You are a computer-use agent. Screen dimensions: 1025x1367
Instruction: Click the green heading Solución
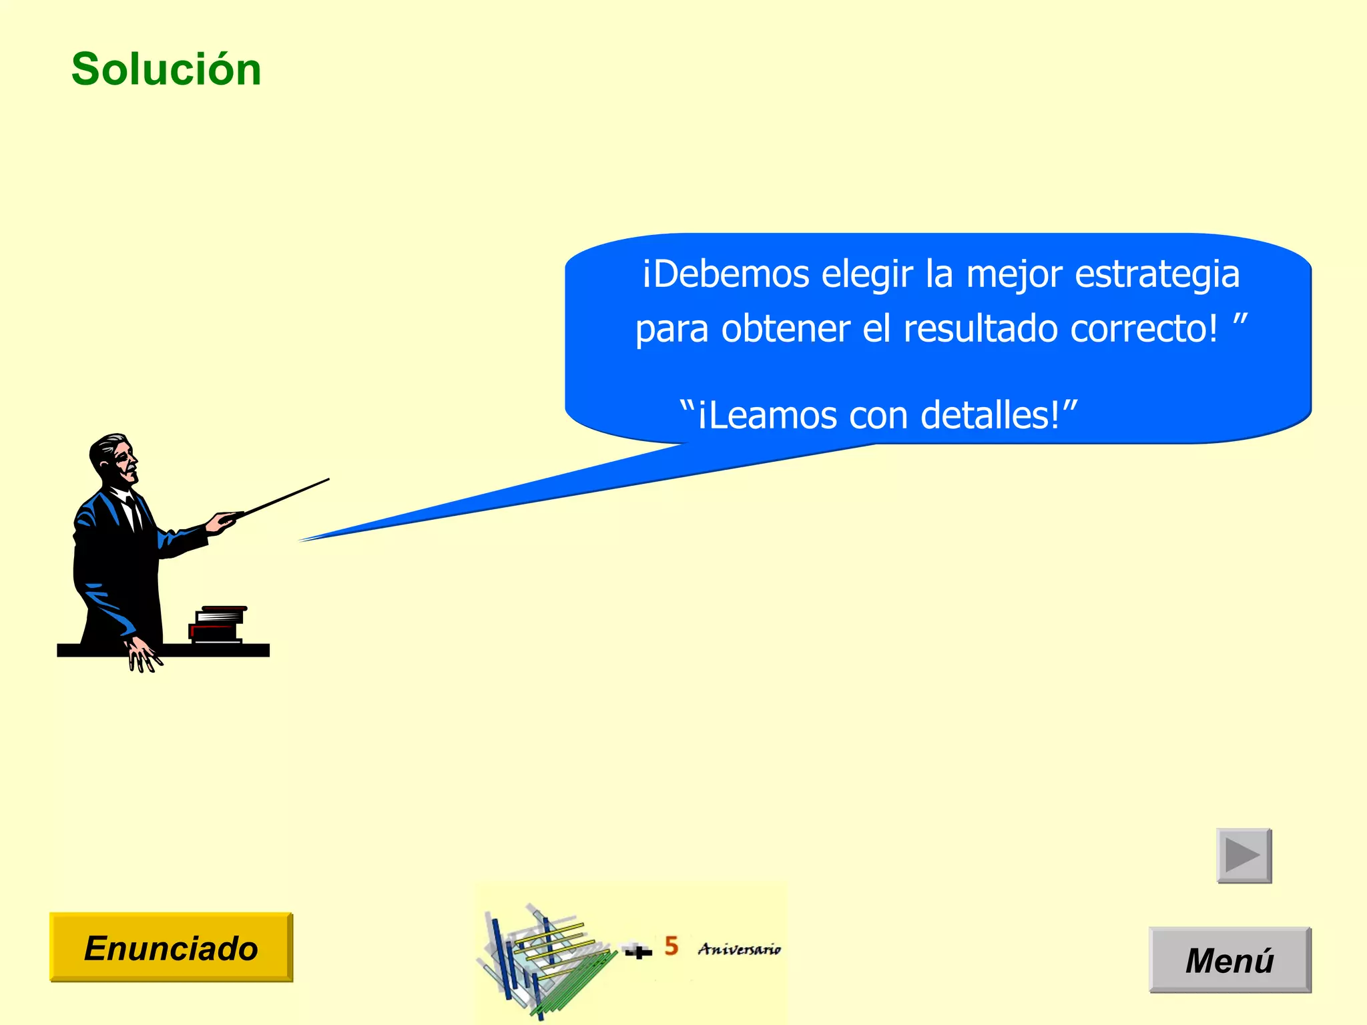tap(166, 69)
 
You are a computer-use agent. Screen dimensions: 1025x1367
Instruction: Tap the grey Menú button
tap(1229, 960)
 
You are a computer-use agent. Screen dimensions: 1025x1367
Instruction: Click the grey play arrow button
tap(1244, 856)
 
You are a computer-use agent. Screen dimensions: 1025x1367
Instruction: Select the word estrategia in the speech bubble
tap(1157, 275)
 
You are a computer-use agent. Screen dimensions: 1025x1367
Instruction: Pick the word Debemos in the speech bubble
tap(732, 274)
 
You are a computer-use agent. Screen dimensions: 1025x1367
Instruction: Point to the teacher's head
tap(115, 458)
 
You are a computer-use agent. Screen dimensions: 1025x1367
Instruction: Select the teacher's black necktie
tap(134, 514)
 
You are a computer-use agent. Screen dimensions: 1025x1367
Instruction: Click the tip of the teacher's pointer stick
tap(328, 479)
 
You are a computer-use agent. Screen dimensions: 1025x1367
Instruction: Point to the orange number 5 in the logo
tap(671, 946)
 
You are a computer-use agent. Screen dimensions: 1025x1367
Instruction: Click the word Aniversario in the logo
tap(740, 949)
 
